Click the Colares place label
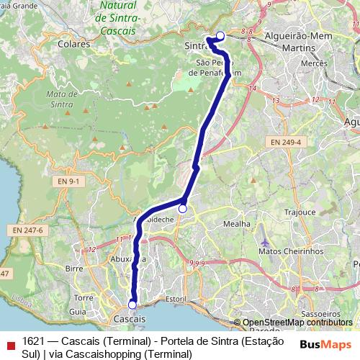[x=76, y=43]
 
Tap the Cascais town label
[x=130, y=318]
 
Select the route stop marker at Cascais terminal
[x=132, y=305]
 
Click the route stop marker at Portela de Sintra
[x=220, y=35]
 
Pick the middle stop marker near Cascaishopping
[x=183, y=209]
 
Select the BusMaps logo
[x=323, y=344]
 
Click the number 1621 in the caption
[x=34, y=341]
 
